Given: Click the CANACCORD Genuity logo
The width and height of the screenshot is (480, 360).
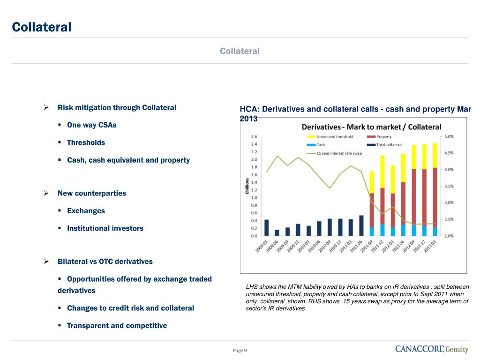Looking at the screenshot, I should point(431,349).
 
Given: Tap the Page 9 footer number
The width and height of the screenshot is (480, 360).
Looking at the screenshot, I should point(240,351).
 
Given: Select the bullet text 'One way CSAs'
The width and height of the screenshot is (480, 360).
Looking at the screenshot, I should point(92,125).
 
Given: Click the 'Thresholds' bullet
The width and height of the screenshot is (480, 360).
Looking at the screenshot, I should point(86,142).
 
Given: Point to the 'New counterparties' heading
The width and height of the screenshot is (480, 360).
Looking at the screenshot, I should point(92,193).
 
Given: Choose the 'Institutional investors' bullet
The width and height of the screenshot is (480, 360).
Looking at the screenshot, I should point(105,228).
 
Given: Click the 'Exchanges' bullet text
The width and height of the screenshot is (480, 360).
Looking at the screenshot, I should point(86,211).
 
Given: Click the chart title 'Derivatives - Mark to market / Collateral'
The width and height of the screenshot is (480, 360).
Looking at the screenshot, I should point(371,127).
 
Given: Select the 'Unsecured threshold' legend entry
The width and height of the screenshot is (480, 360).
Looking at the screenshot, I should point(333,137).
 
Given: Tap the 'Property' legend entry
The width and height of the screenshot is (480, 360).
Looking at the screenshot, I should point(384,137).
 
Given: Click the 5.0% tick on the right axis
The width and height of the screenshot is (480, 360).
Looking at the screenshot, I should point(449,136).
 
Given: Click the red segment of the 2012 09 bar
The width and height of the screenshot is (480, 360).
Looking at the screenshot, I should point(414,196).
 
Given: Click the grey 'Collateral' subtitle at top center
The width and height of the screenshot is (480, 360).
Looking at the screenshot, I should point(240,51).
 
